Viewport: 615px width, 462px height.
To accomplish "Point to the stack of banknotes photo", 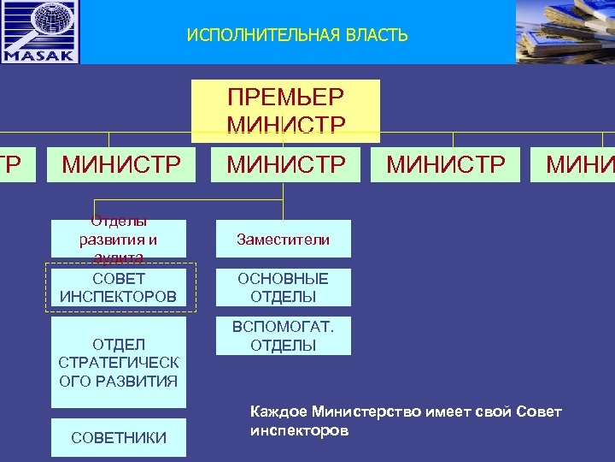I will [565, 32].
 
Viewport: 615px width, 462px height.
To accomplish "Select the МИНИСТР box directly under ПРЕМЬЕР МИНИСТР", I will [286, 163].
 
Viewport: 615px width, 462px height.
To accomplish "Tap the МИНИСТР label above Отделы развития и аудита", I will [120, 163].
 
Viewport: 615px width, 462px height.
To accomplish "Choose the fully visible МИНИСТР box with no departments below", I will [446, 163].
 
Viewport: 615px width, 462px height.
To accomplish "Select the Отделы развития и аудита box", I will [118, 237].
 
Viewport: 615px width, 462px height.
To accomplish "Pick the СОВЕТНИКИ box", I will [118, 437].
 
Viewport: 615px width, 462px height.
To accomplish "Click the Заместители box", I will [283, 240].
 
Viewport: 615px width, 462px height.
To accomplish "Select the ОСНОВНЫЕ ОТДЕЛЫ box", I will [283, 287].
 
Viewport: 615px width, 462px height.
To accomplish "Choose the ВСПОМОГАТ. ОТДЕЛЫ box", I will [283, 336].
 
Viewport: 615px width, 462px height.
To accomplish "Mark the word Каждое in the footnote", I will [278, 412].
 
